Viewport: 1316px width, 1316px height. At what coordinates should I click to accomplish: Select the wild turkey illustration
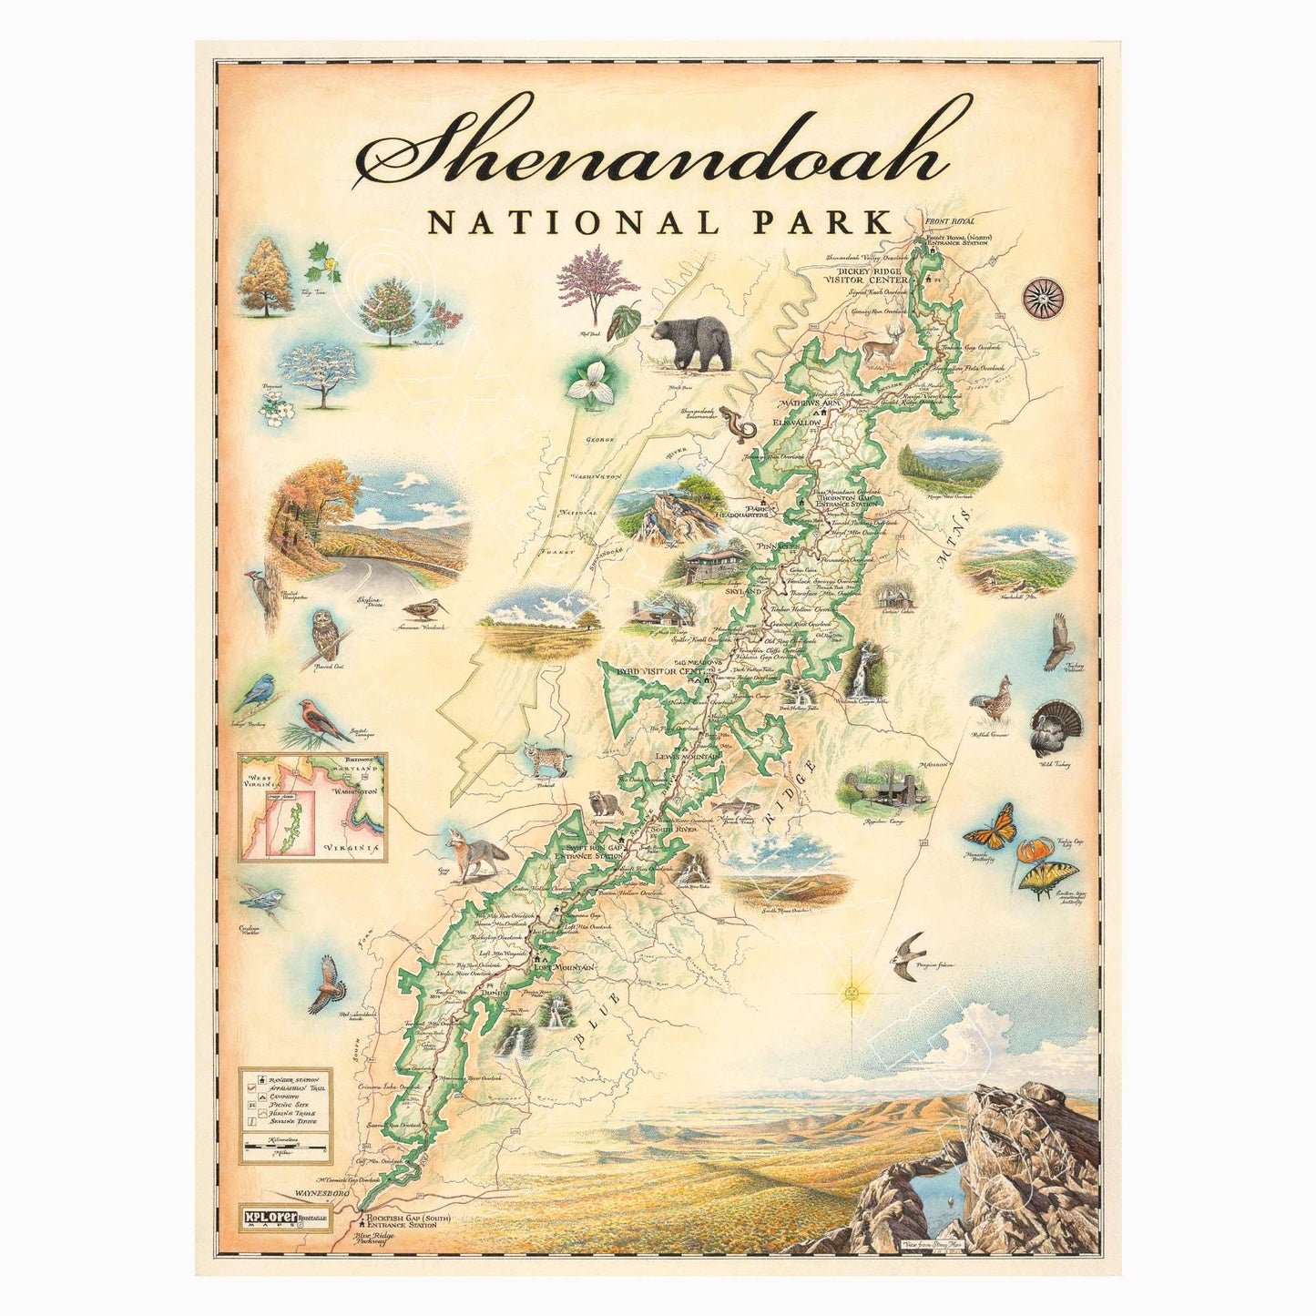pos(1057,728)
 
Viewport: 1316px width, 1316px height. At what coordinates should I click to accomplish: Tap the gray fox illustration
pos(475,855)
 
